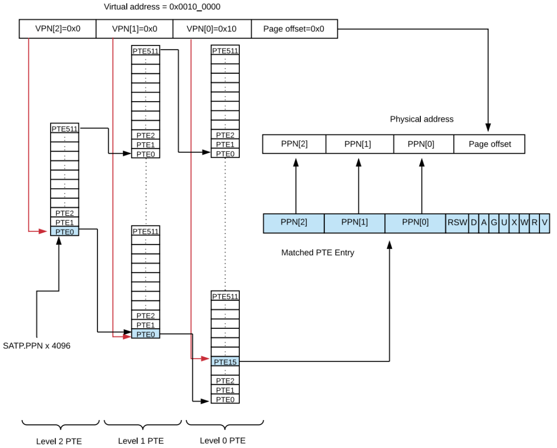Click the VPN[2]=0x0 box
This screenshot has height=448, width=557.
coord(58,29)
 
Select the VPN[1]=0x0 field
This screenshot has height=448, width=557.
coord(135,29)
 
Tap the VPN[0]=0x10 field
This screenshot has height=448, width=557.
coord(212,29)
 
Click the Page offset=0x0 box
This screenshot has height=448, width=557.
coord(294,29)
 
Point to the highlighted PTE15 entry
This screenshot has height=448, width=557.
coord(225,362)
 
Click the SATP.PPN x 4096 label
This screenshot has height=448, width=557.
coord(37,346)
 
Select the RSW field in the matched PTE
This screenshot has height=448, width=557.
coord(457,223)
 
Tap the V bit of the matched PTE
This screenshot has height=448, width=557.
coord(545,223)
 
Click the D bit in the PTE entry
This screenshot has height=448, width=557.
coord(473,223)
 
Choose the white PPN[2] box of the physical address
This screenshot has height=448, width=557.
coord(294,144)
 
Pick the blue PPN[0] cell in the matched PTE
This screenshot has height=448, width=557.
coord(415,223)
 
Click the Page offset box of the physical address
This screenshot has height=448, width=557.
coord(489,144)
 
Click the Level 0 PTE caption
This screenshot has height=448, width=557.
coord(223,440)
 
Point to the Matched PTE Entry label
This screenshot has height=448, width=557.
coord(318,253)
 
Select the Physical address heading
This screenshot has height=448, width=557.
coord(421,119)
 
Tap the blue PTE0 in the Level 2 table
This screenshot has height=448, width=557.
coord(64,231)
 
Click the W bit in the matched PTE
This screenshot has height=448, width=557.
coord(524,223)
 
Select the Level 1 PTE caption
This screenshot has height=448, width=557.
coord(141,441)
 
